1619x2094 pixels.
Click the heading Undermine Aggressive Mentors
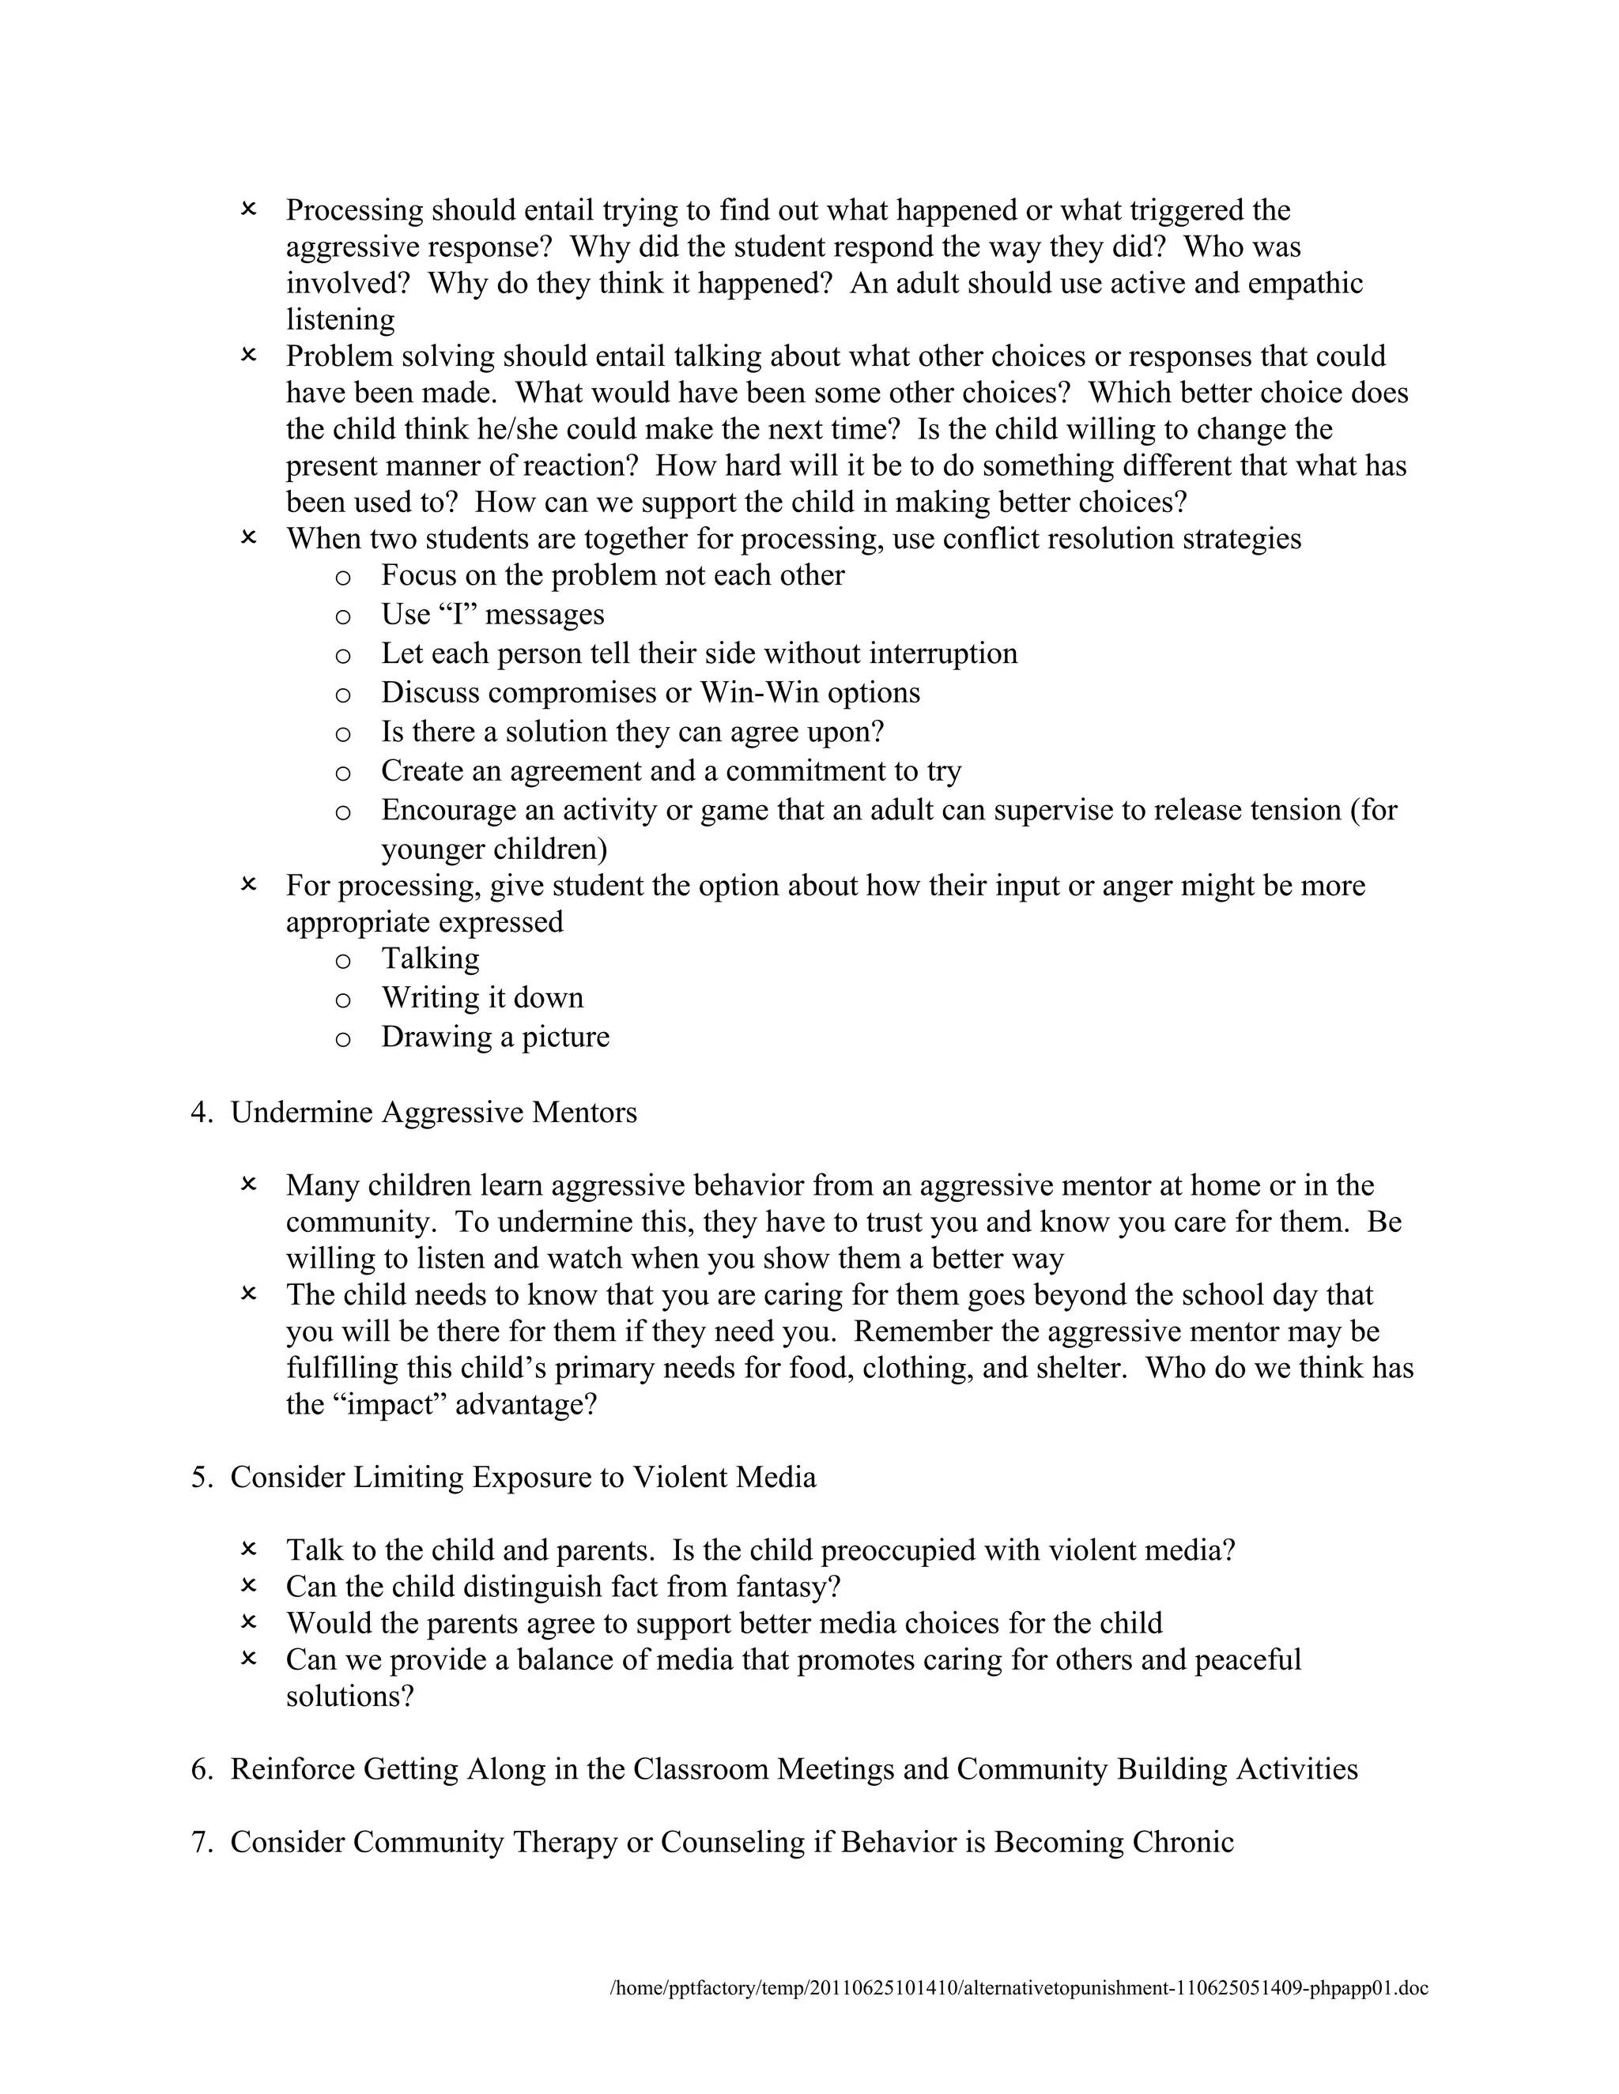tap(433, 1113)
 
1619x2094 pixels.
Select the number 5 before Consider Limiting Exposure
tap(201, 1478)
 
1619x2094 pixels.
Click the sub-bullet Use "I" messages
tap(493, 615)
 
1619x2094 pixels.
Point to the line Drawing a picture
tap(495, 1038)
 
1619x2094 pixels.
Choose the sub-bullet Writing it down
tap(482, 998)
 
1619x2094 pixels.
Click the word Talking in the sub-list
tap(431, 958)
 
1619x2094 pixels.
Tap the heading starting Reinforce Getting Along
tap(793, 1770)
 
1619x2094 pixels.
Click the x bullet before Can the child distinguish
tap(248, 1587)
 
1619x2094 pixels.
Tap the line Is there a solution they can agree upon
tap(632, 733)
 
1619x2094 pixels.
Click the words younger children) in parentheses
tap(494, 850)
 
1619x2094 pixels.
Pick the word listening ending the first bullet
tap(341, 320)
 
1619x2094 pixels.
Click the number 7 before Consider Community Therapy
tap(201, 1843)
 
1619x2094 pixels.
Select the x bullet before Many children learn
tap(248, 1185)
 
